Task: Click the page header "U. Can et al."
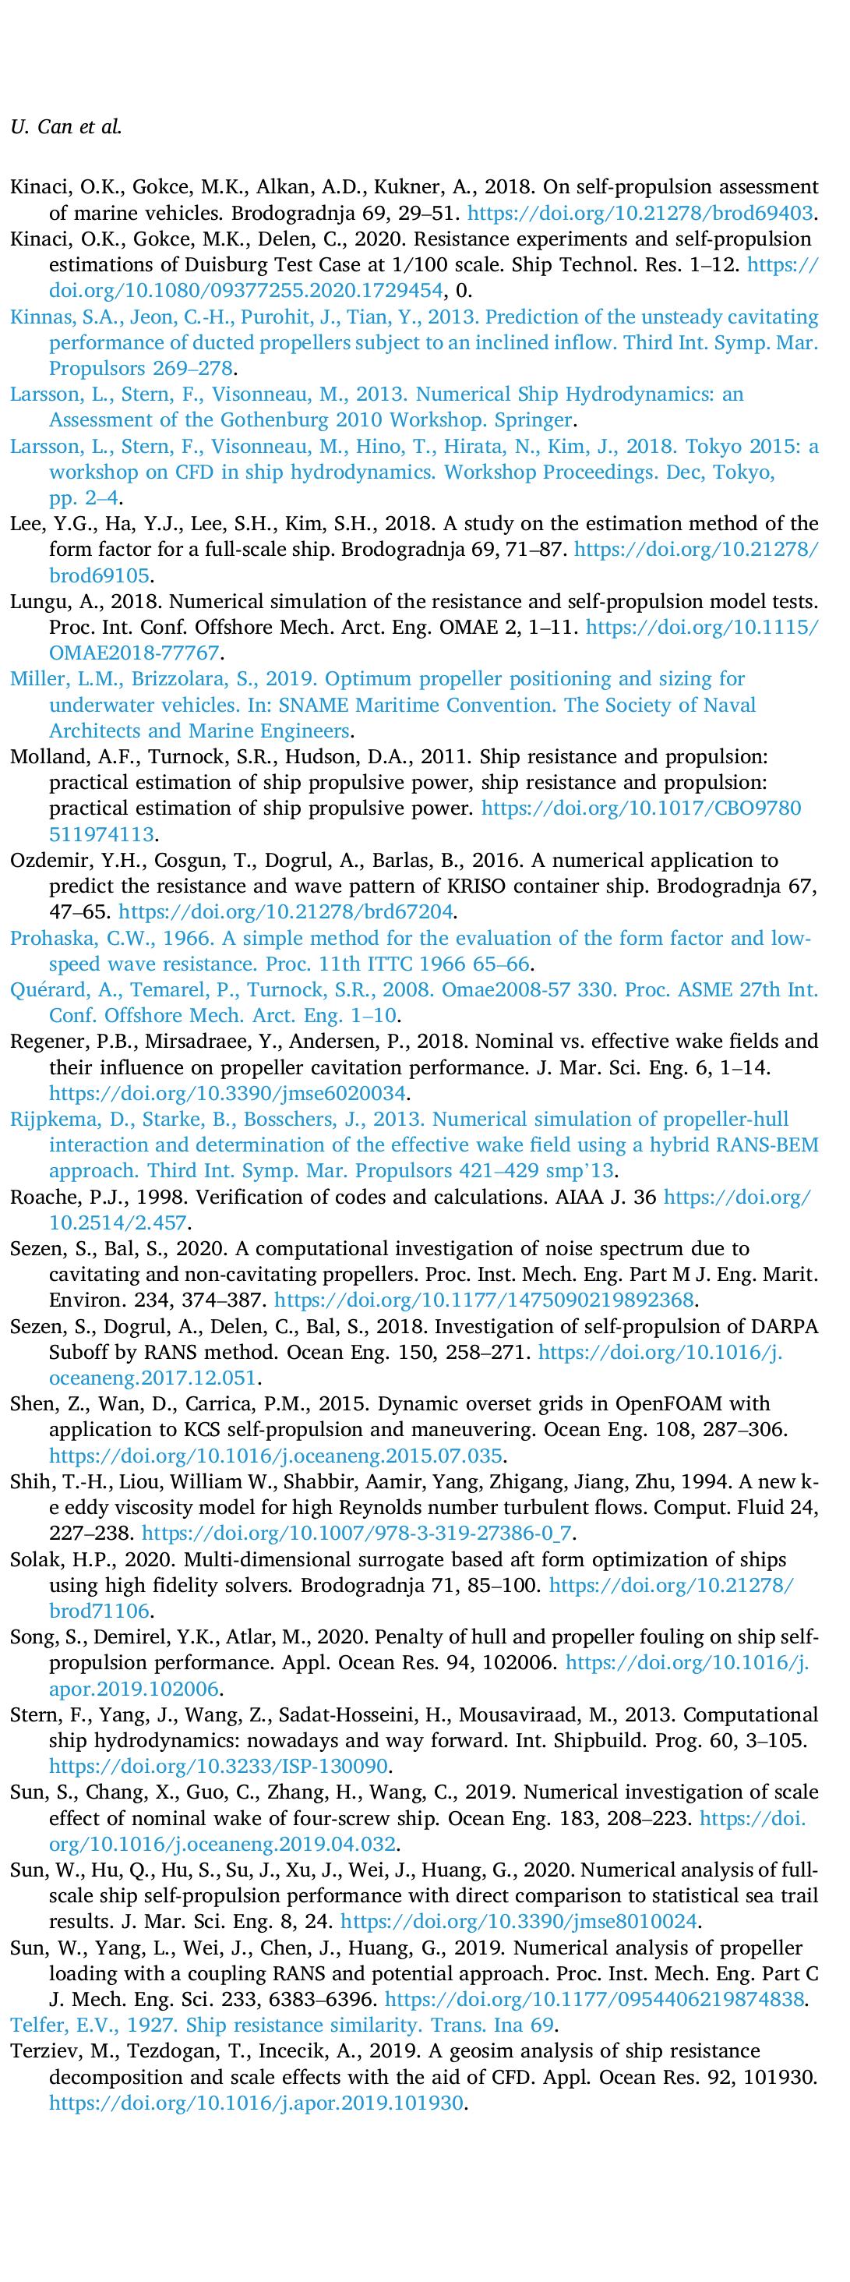[65, 126]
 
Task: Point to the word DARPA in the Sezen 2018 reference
[789, 1326]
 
